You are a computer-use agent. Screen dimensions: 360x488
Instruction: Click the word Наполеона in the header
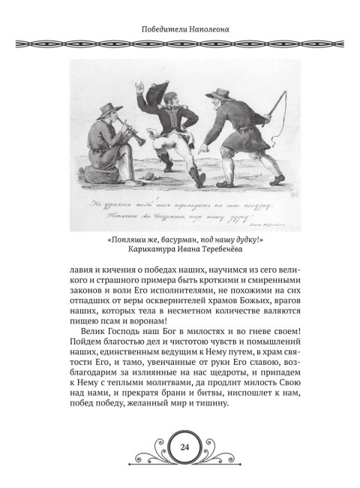pyautogui.click(x=207, y=31)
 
